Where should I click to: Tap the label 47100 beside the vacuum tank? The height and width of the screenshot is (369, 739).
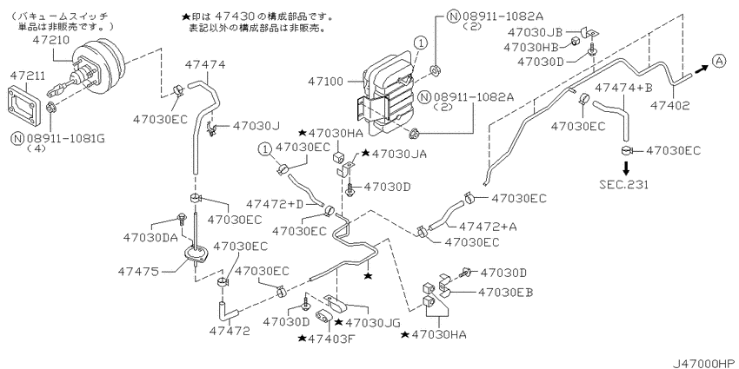pyautogui.click(x=326, y=82)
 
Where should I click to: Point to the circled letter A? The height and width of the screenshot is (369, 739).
pyautogui.click(x=719, y=61)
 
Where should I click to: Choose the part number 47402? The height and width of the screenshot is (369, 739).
pyautogui.click(x=671, y=106)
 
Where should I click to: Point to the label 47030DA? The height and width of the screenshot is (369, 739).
pyautogui.click(x=150, y=237)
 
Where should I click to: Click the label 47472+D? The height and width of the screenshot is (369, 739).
pyautogui.click(x=275, y=204)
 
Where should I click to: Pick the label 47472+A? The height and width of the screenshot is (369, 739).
pyautogui.click(x=488, y=227)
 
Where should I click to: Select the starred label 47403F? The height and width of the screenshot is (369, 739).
pyautogui.click(x=325, y=338)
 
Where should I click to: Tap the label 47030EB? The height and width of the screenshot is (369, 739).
pyautogui.click(x=505, y=293)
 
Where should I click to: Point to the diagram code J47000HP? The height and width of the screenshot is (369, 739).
pyautogui.click(x=704, y=363)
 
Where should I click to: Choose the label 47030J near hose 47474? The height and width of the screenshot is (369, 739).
pyautogui.click(x=256, y=126)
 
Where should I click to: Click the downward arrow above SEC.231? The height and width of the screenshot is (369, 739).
pyautogui.click(x=626, y=168)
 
